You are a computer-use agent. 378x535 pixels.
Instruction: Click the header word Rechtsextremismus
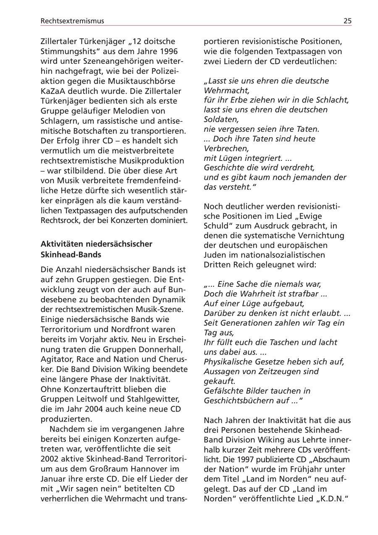pyautogui.click(x=72, y=21)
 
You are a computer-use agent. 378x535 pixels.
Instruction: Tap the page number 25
pyautogui.click(x=347, y=21)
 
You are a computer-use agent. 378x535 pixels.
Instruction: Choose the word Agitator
pyautogui.click(x=58, y=359)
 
